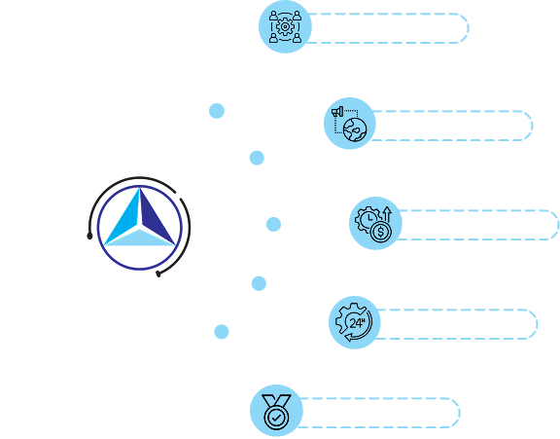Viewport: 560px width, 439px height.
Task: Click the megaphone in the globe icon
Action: [337, 112]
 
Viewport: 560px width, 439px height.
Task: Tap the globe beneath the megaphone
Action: [355, 129]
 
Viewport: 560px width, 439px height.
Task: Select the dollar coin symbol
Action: [381, 232]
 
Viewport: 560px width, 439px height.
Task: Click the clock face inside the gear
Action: [369, 218]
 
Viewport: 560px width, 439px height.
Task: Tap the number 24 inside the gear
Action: [357, 323]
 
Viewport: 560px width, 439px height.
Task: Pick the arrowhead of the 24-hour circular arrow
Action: [349, 337]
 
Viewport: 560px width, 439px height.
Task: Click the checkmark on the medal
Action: [276, 417]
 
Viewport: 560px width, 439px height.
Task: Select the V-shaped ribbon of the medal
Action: [276, 401]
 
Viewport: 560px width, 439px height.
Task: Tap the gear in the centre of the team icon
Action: [285, 26]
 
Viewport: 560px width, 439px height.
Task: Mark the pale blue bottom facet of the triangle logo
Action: [140, 238]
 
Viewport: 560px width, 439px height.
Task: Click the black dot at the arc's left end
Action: [89, 236]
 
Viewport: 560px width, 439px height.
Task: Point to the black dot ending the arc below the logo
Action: [158, 274]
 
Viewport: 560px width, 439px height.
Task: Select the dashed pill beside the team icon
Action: [388, 28]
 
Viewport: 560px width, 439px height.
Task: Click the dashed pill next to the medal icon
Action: [378, 413]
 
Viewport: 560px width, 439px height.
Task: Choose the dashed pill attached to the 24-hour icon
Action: [456, 324]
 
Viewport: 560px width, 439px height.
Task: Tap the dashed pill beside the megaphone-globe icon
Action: [451, 126]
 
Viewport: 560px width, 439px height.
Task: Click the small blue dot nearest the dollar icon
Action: [273, 224]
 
